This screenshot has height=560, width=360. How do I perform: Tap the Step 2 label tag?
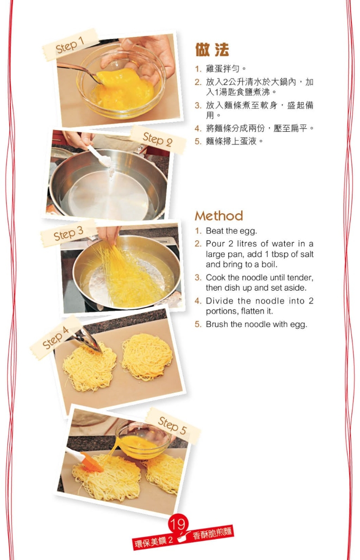tap(157, 139)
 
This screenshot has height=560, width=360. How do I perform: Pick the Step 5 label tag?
tap(172, 425)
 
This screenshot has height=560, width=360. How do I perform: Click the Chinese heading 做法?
tap(212, 50)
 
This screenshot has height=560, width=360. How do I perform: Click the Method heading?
tap(219, 216)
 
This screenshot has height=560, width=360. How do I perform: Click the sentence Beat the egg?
tap(231, 231)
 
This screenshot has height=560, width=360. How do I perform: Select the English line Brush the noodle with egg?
tap(256, 324)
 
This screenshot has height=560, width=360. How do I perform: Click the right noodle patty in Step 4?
tap(147, 356)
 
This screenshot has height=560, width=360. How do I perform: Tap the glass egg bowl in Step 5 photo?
tap(143, 440)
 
